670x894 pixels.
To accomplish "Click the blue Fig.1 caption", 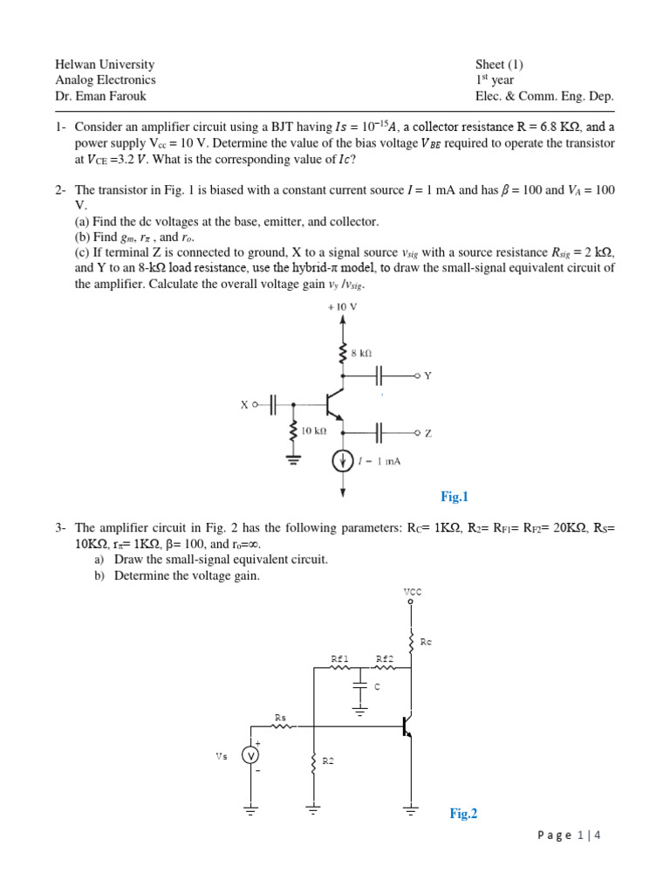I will click(455, 497).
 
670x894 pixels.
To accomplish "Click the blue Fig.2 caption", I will click(463, 814).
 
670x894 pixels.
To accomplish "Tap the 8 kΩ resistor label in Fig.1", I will click(361, 354).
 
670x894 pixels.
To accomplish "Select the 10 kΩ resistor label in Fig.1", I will click(313, 431).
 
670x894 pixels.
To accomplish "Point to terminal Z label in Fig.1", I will click(427, 432).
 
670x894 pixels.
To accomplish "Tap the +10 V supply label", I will click(342, 307).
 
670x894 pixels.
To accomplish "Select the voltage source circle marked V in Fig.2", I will click(251, 756).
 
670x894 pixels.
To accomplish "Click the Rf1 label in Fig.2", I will click(339, 658).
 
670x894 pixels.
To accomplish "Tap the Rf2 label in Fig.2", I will click(385, 658).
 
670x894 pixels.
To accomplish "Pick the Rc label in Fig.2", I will click(426, 642).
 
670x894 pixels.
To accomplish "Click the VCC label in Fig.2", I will click(412, 591).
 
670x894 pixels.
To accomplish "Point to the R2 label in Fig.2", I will click(328, 761).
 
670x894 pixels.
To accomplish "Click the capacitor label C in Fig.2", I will click(377, 687).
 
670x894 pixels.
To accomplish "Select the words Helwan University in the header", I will click(105, 65).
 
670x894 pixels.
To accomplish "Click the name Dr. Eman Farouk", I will click(100, 96).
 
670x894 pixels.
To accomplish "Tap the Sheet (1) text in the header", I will click(499, 65).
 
